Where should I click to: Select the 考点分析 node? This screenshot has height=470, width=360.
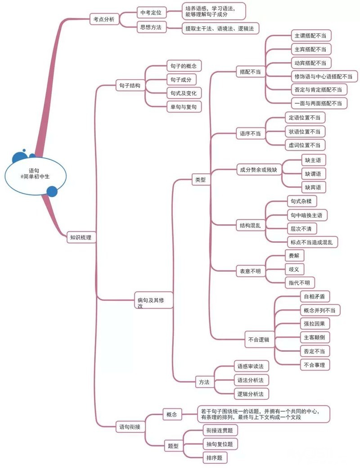(x=105, y=20)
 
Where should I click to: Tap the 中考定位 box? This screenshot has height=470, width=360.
(x=151, y=13)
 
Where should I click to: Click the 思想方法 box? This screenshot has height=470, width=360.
(x=151, y=27)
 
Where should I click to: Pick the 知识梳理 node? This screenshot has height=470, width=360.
(x=81, y=237)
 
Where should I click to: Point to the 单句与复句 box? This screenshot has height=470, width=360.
(x=184, y=107)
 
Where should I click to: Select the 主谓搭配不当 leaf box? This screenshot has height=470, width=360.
(x=310, y=35)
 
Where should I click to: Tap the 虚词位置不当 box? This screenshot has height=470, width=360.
(x=304, y=145)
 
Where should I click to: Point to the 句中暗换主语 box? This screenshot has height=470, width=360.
(x=307, y=215)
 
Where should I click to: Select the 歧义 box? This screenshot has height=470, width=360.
(x=294, y=269)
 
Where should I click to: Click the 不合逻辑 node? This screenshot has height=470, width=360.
(x=258, y=339)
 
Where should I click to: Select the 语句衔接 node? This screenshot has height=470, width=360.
(x=130, y=426)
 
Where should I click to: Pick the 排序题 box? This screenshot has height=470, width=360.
(x=215, y=458)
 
